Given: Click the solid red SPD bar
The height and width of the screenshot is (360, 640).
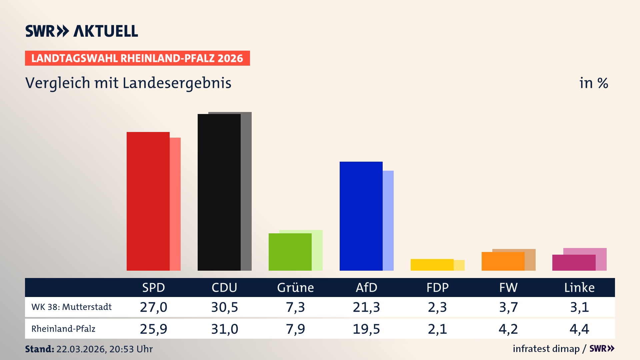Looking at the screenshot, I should (148, 201).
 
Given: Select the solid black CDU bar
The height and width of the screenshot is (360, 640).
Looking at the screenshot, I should (219, 192).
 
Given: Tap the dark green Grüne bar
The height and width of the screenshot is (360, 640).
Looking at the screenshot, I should (290, 252).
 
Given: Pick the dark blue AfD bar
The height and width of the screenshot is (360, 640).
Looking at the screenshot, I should (361, 216).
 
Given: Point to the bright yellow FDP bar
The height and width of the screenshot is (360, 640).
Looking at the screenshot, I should (432, 265).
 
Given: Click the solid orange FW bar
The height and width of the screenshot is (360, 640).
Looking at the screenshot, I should (503, 261).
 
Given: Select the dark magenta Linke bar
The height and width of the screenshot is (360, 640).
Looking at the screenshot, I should (574, 262).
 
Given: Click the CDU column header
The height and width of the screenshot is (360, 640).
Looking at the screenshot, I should (224, 287).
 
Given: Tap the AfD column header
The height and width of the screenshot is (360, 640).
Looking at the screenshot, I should (366, 287).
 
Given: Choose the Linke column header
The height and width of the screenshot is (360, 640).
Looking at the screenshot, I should (579, 287).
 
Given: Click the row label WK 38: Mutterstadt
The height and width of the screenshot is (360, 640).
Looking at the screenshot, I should (71, 307).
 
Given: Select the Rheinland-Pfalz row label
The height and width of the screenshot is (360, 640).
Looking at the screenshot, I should (63, 329).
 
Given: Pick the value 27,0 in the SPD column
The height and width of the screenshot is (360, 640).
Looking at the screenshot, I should (153, 307).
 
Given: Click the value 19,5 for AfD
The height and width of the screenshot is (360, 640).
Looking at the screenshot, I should (366, 329).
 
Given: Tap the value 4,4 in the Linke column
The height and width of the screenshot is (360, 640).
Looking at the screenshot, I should (579, 329).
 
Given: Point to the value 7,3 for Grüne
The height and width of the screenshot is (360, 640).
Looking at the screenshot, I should (295, 307).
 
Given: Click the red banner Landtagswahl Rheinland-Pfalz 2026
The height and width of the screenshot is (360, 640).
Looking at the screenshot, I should (137, 58).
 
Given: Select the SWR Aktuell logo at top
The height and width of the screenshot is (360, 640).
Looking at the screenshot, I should (82, 31).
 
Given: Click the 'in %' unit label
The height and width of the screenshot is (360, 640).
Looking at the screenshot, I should (594, 83).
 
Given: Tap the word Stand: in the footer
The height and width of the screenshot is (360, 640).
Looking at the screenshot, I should (39, 349).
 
